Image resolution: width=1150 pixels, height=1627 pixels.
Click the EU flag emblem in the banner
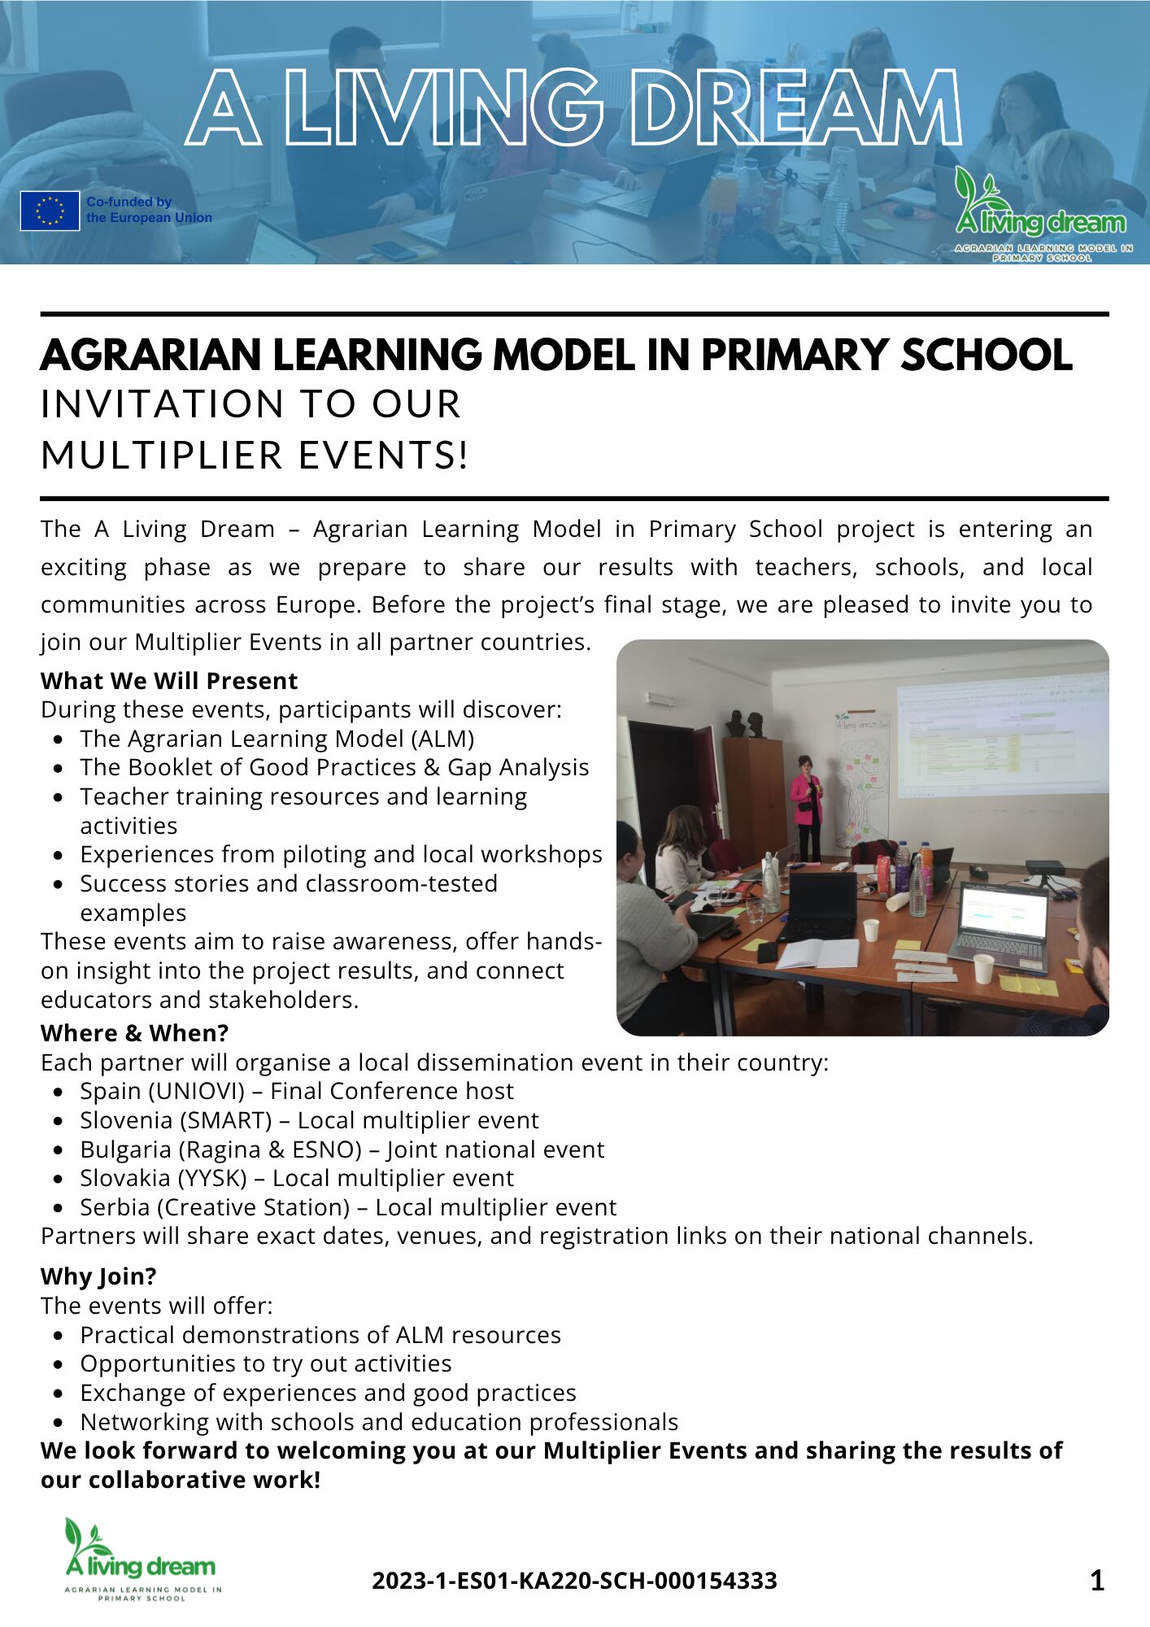[50, 211]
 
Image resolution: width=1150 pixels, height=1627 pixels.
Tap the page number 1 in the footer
[1096, 1581]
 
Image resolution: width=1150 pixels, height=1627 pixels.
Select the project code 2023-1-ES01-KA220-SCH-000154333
[574, 1581]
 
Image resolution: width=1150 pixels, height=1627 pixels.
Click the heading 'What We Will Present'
[169, 680]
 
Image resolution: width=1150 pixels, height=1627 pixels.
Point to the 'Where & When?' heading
[134, 1032]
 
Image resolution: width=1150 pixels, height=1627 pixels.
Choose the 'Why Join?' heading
[98, 1276]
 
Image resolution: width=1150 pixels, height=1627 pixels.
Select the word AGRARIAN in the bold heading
[151, 355]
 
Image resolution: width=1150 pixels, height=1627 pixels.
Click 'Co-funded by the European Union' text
[149, 210]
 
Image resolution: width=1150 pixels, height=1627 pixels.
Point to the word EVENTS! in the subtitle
[384, 455]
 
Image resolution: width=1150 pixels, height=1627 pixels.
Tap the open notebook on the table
[817, 953]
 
